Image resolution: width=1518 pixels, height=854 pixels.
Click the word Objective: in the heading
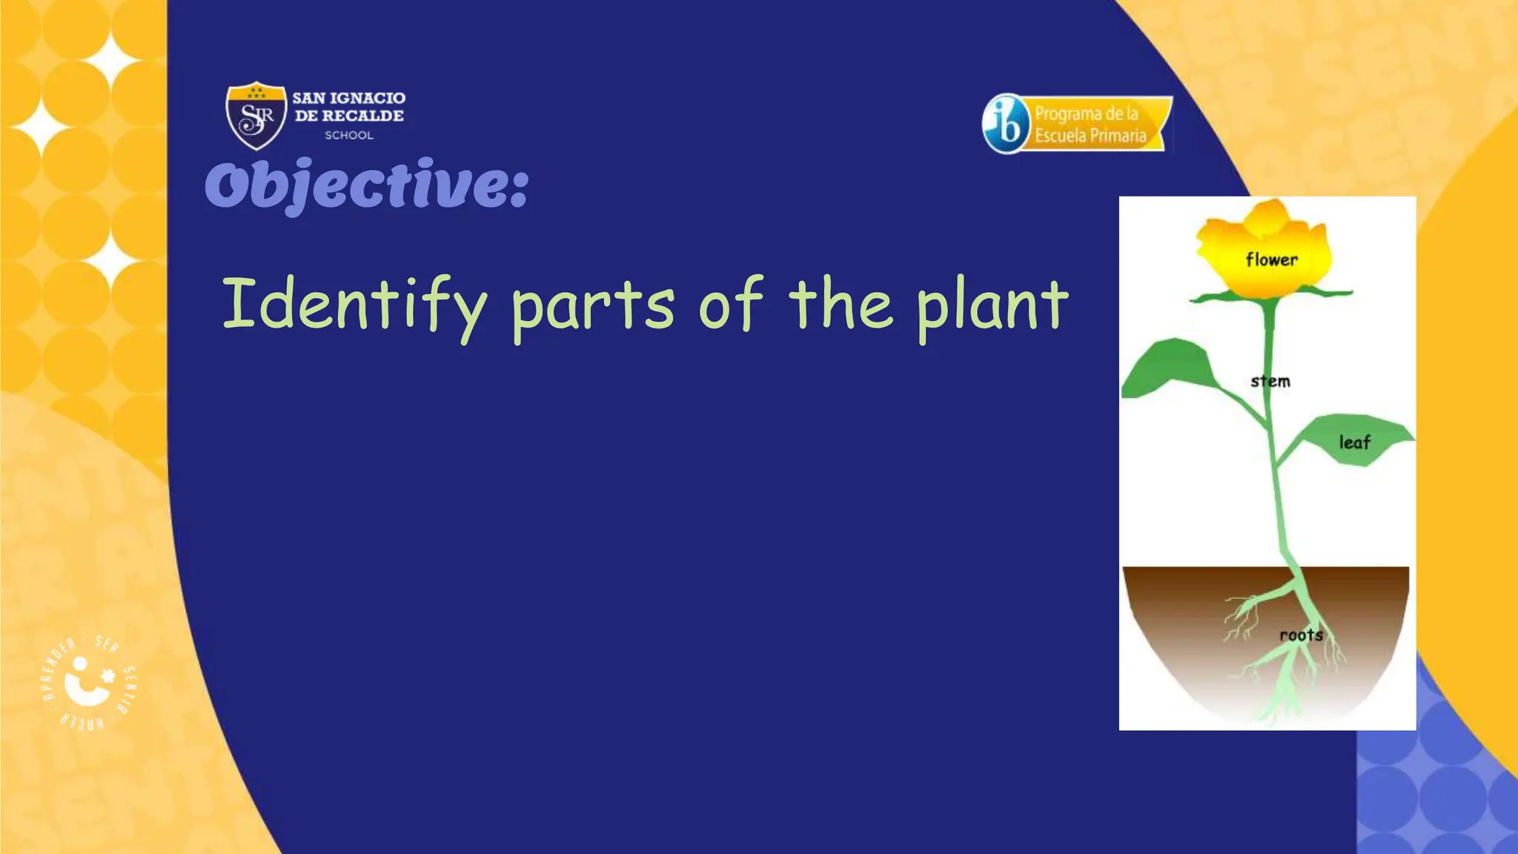tap(367, 185)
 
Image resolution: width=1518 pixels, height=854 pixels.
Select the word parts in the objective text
tap(592, 307)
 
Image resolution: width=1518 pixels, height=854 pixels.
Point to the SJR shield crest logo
tap(256, 115)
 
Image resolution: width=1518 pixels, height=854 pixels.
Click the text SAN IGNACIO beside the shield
tap(348, 98)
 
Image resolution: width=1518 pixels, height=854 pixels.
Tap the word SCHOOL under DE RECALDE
tap(349, 135)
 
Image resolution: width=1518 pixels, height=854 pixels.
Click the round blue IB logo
tap(1006, 124)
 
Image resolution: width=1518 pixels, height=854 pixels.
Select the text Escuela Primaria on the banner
tap(1090, 136)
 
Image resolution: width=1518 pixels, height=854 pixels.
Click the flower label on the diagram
tap(1272, 259)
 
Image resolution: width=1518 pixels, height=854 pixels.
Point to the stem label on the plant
tap(1270, 381)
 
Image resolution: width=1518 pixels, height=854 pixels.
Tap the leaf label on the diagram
tap(1355, 443)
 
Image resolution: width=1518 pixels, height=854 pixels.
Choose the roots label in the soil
tap(1301, 635)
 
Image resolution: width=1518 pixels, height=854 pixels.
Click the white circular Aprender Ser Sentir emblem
tap(88, 681)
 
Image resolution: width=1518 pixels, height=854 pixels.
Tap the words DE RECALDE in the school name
tap(349, 116)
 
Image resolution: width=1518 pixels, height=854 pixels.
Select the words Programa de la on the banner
tap(1087, 113)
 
